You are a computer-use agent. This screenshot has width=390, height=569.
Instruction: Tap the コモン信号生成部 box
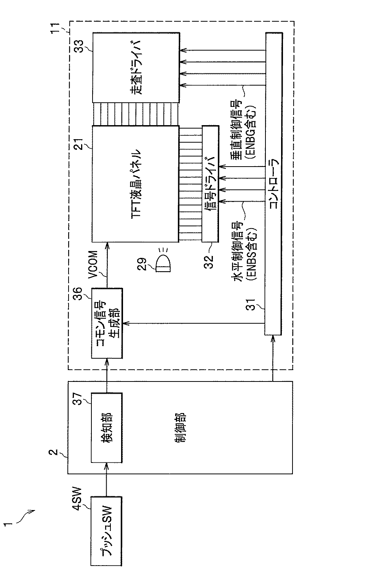[x=107, y=323]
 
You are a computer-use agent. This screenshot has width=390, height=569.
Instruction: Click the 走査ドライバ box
[x=136, y=68]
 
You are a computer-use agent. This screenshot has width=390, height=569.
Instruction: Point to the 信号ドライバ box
[x=210, y=184]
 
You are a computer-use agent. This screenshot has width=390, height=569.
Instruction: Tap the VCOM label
[x=93, y=264]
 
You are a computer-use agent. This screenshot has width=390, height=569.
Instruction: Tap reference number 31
[x=251, y=304]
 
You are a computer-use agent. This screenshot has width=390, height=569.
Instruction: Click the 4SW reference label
[x=76, y=499]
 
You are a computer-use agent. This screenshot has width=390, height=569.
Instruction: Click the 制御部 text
[x=181, y=427]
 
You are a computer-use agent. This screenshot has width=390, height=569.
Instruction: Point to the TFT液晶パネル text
[x=135, y=183]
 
